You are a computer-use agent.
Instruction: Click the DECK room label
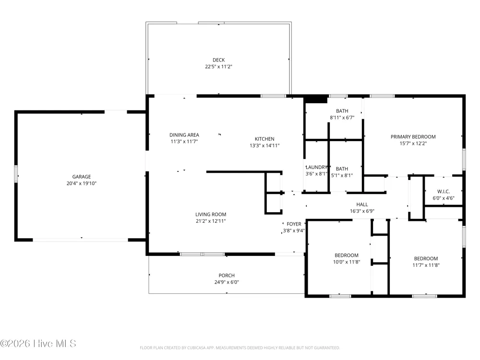[218, 60]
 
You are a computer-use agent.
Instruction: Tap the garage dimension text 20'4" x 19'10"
[82, 183]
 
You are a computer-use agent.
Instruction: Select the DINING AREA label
[184, 135]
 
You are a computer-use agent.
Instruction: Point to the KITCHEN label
[264, 139]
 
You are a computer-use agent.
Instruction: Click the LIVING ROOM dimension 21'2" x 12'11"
[211, 221]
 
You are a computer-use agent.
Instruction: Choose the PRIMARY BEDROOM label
[413, 137]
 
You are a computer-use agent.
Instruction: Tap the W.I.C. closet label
[443, 192]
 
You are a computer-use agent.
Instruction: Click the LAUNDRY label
[316, 167]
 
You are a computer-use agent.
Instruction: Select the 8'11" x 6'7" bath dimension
[342, 118]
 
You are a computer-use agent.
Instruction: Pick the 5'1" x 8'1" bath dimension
[342, 175]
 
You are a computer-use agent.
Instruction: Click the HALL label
[362, 204]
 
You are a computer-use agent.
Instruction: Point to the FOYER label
[294, 224]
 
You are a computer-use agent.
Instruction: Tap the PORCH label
[227, 276]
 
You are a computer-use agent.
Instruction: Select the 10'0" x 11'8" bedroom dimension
[347, 262]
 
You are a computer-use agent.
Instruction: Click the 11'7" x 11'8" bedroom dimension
[426, 265]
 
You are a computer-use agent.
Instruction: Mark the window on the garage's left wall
[16, 174]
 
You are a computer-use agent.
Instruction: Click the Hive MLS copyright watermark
[38, 344]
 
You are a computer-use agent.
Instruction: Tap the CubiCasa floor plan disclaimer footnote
[240, 348]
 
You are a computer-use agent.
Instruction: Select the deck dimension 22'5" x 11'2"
[218, 66]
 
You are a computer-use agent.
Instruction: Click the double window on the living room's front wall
[203, 254]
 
